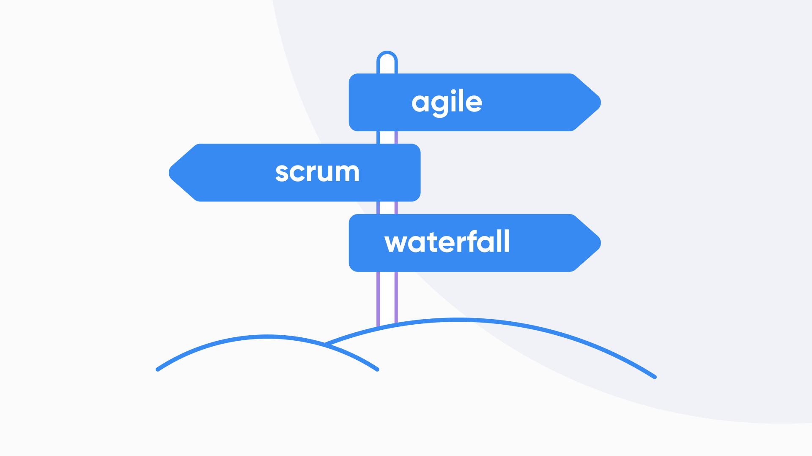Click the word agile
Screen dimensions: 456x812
coord(447,102)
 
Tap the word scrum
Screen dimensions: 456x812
coord(317,172)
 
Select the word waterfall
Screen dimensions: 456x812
coord(447,242)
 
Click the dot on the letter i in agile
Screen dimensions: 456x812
coord(454,92)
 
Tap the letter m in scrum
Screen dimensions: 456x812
coord(346,173)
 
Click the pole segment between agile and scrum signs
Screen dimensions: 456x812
coord(387,138)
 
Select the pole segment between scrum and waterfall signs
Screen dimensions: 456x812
coord(387,208)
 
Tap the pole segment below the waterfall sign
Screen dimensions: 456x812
coord(387,296)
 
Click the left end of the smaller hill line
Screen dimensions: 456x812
coord(158,369)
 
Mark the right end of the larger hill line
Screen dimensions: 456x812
coord(655,377)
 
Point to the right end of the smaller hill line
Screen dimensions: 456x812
coord(377,369)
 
